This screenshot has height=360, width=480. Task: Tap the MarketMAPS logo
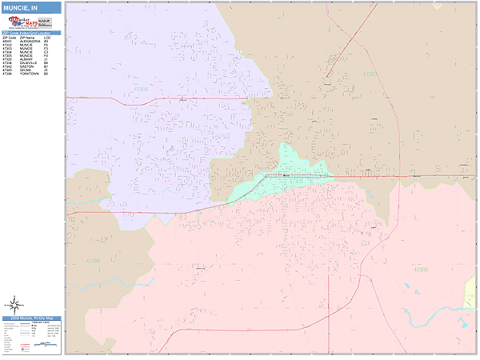click(20, 22)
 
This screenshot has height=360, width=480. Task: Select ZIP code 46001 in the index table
click(8, 41)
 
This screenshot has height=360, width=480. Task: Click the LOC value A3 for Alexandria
click(47, 41)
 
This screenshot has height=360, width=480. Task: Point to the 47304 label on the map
click(142, 90)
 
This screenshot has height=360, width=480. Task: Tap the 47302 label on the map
click(421, 270)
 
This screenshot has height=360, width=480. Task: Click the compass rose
click(14, 304)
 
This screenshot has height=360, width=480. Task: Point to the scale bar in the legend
click(49, 346)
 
